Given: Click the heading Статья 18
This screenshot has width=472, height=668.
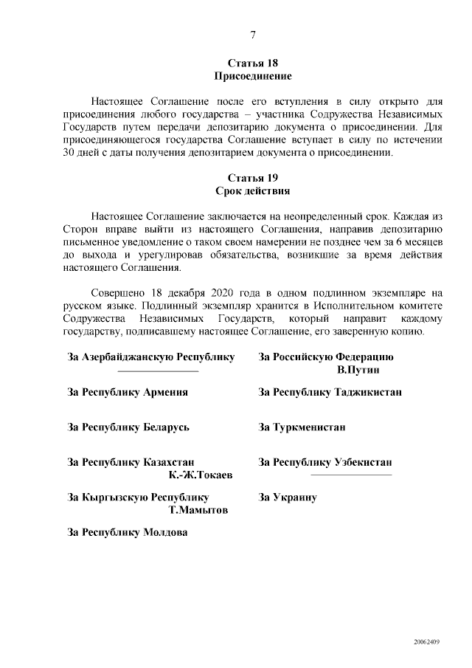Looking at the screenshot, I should pos(253,63).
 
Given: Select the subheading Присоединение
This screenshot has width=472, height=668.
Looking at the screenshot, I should pos(253,76).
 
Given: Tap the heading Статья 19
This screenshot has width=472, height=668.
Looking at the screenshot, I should pos(253,179).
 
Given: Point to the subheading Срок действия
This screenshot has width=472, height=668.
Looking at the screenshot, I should pos(253,191).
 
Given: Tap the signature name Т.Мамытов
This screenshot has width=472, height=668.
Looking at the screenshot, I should pos(198,510).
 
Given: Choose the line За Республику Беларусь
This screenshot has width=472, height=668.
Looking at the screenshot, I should pos(129,427).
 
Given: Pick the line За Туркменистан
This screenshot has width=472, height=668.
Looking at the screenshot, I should pos(302,427).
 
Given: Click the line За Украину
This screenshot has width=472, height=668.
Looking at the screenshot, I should pos(288,497).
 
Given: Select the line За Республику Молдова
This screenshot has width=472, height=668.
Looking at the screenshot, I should pos(128,532).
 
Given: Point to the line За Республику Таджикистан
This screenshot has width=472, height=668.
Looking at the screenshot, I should pos(330,392).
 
